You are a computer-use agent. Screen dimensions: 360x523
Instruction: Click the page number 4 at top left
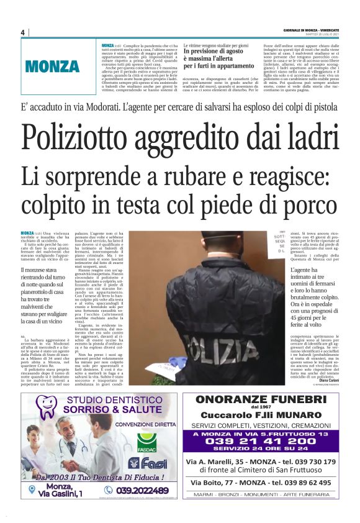tap(22, 32)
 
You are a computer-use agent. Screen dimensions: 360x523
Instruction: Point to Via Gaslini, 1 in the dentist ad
tap(55, 493)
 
